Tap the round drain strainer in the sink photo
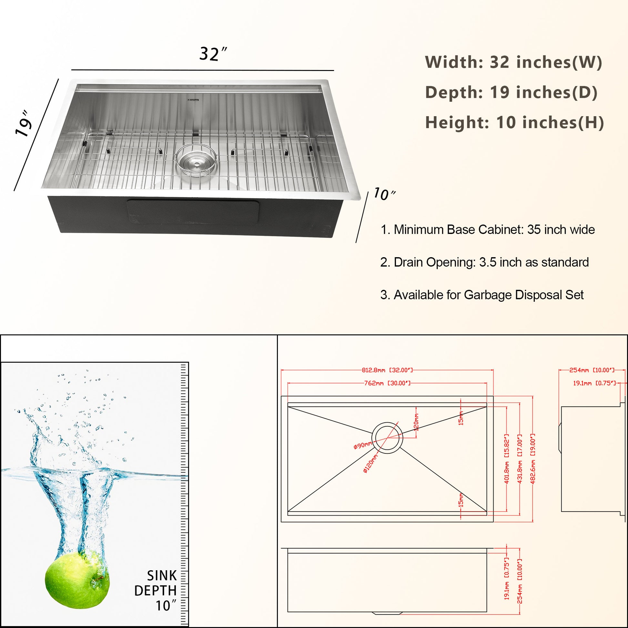click(x=196, y=160)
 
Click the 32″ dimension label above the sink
click(x=213, y=54)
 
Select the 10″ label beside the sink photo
click(x=385, y=194)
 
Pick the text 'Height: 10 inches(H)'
click(x=514, y=123)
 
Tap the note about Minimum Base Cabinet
click(x=488, y=229)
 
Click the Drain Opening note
click(x=484, y=262)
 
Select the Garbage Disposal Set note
click(x=482, y=295)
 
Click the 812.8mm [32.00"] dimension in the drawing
click(x=387, y=370)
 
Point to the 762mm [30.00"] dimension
click(x=387, y=383)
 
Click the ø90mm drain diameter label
click(x=362, y=445)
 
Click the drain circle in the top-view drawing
click(x=387, y=422)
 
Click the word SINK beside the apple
click(x=162, y=576)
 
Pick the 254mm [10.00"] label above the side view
click(x=592, y=370)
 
